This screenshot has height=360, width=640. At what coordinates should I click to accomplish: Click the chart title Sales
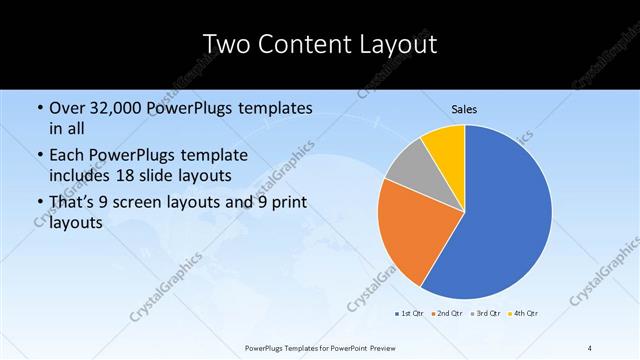tap(464, 108)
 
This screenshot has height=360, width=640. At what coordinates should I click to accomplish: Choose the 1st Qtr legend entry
tap(408, 314)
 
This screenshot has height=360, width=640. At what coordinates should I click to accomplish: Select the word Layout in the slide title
tap(398, 45)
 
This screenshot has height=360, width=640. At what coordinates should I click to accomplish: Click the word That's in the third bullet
tap(75, 203)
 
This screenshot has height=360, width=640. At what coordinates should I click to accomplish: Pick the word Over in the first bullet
tap(69, 108)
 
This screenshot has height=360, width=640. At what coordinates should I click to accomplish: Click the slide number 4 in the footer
tap(590, 347)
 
